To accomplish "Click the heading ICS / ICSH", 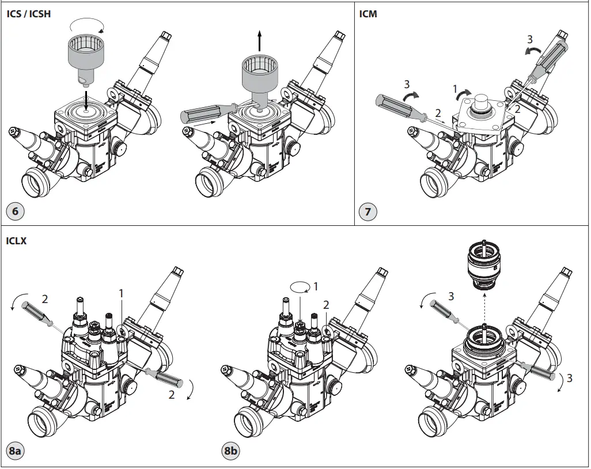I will [28, 13].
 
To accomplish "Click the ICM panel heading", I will [368, 13].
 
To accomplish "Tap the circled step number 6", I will [15, 211].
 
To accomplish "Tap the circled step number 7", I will [368, 211].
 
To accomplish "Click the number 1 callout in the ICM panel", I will [454, 90].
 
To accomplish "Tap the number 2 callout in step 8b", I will [326, 305].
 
